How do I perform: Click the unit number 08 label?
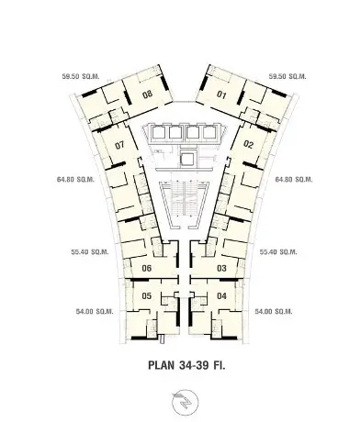click(x=147, y=94)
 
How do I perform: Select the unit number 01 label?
click(x=221, y=94)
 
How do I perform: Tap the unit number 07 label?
click(x=119, y=145)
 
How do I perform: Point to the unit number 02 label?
click(x=248, y=144)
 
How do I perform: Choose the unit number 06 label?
click(x=147, y=268)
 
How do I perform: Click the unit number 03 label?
click(x=221, y=268)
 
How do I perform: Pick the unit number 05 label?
click(x=147, y=295)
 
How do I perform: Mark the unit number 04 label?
click(x=221, y=295)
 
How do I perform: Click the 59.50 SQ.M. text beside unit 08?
click(x=81, y=76)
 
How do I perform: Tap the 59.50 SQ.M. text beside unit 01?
click(x=288, y=76)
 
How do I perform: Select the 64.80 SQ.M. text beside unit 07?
click(x=75, y=179)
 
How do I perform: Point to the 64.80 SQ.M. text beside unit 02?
click(x=294, y=179)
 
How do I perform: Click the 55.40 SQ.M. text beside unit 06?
click(x=90, y=252)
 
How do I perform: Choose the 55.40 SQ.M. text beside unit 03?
click(x=278, y=252)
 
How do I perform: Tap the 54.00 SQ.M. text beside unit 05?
click(x=95, y=312)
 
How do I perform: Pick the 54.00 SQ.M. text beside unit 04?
click(x=274, y=312)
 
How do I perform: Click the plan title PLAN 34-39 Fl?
click(x=186, y=365)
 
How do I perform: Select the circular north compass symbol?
click(x=185, y=402)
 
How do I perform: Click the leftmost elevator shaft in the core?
click(x=157, y=133)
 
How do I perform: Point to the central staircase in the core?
click(x=184, y=199)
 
